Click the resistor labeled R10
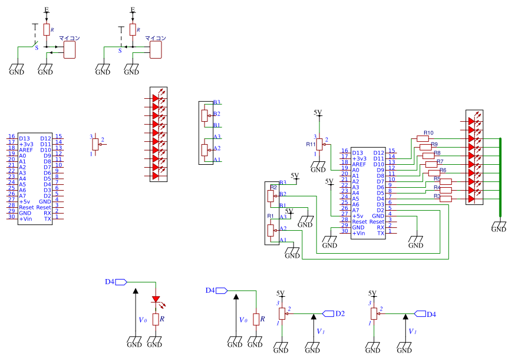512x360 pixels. pos(423,139)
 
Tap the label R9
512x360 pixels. pos(434,144)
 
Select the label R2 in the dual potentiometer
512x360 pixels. pos(274,188)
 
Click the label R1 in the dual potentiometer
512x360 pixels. pos(271,216)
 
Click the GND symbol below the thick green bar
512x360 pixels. pos(499,227)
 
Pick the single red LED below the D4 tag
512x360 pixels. pos(156,300)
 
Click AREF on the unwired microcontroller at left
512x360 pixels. pos(26,150)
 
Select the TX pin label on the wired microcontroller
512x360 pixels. pos(380,233)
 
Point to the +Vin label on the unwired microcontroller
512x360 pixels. pos(26,219)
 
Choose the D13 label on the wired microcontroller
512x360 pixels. pos(358,153)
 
